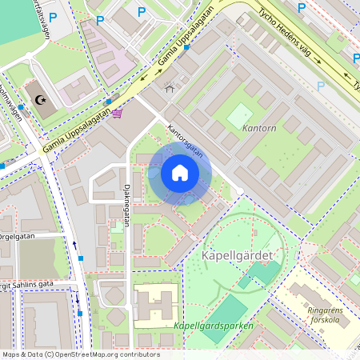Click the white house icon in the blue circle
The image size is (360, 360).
[x=179, y=173]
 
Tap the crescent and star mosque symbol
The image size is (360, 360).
[x=40, y=99]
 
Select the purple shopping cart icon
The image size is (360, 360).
[x=118, y=114]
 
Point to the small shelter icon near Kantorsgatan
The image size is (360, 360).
[x=169, y=88]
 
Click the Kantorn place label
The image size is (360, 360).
[x=258, y=128]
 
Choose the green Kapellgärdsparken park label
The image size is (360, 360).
[x=214, y=326]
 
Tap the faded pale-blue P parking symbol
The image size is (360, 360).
[x=321, y=86]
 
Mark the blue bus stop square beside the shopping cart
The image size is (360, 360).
[x=107, y=102]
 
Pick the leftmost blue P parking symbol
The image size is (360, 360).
[x=54, y=16]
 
